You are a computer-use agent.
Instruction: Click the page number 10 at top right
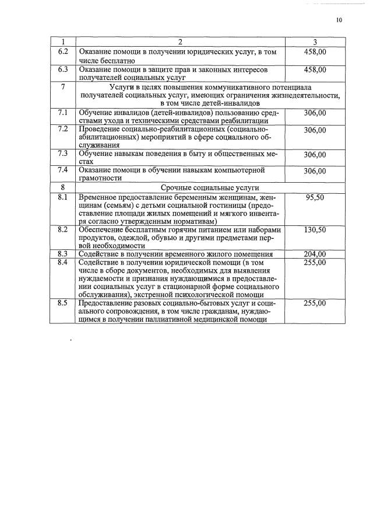click(339, 20)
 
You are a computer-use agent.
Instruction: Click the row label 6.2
click(63, 52)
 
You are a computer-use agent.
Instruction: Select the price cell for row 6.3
click(315, 69)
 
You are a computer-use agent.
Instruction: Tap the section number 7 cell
click(63, 86)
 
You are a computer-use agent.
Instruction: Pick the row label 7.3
click(63, 154)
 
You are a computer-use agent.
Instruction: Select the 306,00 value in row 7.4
click(315, 171)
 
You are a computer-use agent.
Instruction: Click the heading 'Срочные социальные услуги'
click(210, 187)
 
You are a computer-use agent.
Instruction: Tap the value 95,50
click(315, 197)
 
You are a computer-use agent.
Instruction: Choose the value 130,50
click(315, 230)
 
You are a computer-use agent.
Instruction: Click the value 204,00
click(315, 254)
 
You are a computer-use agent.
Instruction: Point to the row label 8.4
click(63, 262)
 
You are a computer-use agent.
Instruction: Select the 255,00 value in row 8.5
click(315, 304)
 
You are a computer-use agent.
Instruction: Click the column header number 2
click(181, 41)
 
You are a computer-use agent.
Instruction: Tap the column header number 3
click(315, 41)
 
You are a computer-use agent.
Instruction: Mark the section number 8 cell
click(63, 187)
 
